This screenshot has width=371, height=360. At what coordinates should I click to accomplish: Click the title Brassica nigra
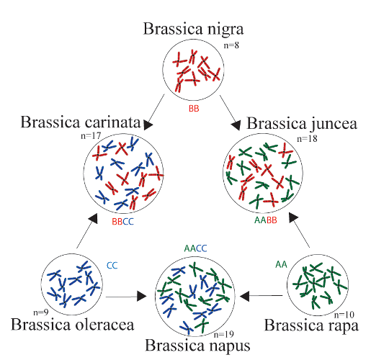coord(193,30)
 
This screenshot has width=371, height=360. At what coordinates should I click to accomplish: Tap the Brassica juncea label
coord(301,122)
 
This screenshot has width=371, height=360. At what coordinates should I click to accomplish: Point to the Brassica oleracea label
coord(73,325)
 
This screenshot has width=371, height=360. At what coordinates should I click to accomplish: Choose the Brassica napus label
coord(197,345)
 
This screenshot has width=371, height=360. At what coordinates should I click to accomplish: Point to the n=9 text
coord(43,312)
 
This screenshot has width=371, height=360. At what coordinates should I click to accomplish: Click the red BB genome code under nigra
coord(194,109)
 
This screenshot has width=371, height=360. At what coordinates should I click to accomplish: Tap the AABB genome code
coord(266,222)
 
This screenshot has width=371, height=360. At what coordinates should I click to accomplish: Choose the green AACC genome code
coord(195,248)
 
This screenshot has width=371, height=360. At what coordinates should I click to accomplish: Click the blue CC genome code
coord(112,265)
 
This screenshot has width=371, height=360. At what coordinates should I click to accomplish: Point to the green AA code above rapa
coord(282,264)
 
